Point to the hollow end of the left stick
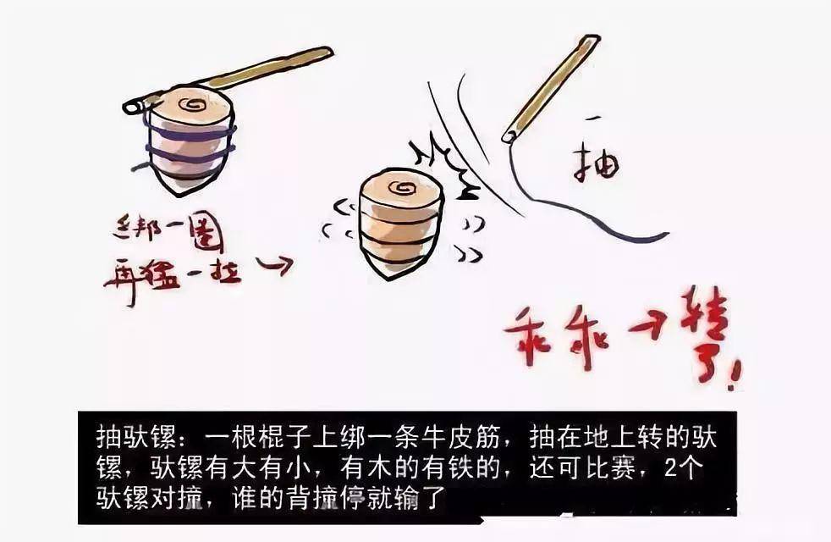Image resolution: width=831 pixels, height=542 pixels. [132, 108]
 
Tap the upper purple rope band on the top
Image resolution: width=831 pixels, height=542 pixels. [190, 133]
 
